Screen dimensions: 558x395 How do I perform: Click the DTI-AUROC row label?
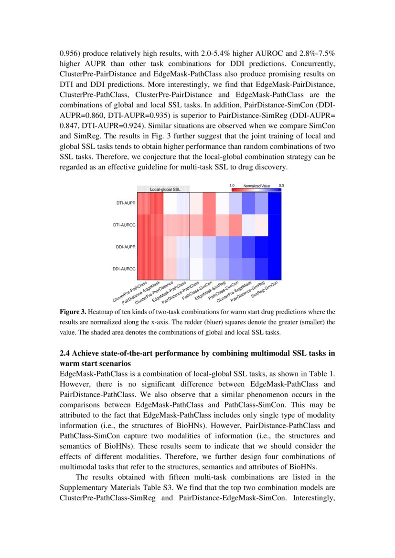click(x=125, y=225)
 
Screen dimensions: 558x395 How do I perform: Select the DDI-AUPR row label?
click(x=126, y=247)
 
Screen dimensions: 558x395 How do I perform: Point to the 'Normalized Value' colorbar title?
click(x=256, y=186)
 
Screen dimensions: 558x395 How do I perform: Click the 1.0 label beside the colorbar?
click(x=231, y=185)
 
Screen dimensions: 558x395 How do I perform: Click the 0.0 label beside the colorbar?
click(x=281, y=185)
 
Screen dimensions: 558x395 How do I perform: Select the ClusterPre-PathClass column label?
click(x=129, y=293)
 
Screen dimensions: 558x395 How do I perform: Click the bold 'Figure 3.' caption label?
click(x=73, y=312)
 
